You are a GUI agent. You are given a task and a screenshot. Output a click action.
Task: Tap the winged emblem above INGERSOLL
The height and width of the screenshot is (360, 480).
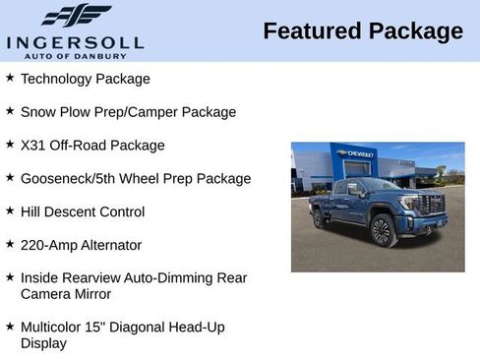(x=76, y=16)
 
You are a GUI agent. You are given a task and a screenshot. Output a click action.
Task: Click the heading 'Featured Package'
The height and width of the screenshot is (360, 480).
(x=363, y=31)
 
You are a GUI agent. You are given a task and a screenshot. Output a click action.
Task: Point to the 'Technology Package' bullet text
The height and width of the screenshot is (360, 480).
(x=86, y=79)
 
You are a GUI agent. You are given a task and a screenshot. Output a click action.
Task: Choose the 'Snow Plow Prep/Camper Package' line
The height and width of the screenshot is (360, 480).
(x=128, y=112)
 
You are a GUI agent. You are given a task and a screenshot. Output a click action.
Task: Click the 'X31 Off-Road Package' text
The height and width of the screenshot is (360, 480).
(x=92, y=146)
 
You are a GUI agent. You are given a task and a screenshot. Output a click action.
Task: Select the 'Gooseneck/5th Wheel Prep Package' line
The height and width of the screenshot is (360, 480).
(x=136, y=179)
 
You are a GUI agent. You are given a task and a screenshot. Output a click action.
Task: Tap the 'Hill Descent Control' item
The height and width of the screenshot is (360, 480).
(x=83, y=211)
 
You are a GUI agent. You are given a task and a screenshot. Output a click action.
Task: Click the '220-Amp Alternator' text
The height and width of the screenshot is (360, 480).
(x=81, y=245)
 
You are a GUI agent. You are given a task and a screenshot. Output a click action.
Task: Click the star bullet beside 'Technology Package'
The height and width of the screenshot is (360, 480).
(x=10, y=77)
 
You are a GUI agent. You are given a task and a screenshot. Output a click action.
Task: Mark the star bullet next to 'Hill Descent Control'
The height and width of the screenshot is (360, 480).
(x=10, y=210)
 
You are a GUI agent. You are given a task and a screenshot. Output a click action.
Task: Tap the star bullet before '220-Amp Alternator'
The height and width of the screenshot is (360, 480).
(x=10, y=244)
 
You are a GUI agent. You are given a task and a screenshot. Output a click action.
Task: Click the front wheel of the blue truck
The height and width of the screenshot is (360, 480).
(x=382, y=230)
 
